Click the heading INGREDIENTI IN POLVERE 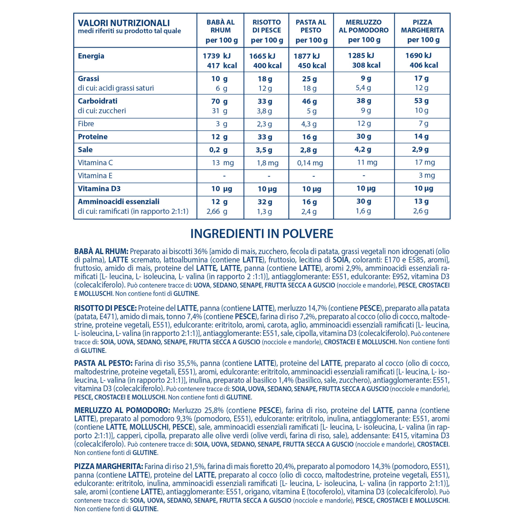click(262, 234)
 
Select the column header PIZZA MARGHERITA click(422, 26)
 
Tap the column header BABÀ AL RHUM click(221, 26)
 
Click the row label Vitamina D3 click(99, 189)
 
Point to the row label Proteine click(93, 136)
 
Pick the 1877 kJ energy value click(306, 56)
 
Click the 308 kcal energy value click(366, 65)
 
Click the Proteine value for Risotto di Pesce click(265, 137)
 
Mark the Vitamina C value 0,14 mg click(310, 163)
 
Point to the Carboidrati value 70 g click(219, 101)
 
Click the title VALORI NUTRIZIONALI click(124, 23)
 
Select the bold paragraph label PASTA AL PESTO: click(103, 363)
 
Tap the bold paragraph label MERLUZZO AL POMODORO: click(122, 410)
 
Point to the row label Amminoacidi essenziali click(118, 202)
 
